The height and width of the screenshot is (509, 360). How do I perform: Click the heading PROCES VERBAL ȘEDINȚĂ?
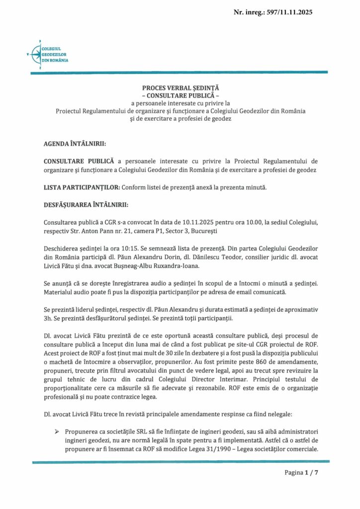tap(180, 87)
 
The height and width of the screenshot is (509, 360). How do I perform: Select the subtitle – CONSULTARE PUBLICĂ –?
tap(180, 94)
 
